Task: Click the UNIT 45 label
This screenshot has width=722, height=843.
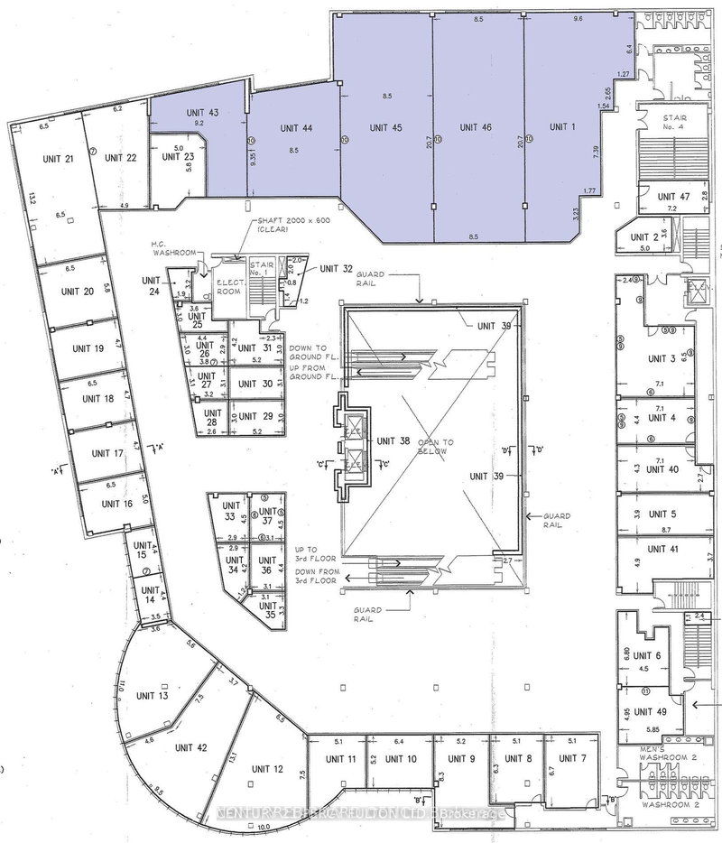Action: coord(385,128)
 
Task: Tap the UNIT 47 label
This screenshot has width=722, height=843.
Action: coord(673,196)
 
